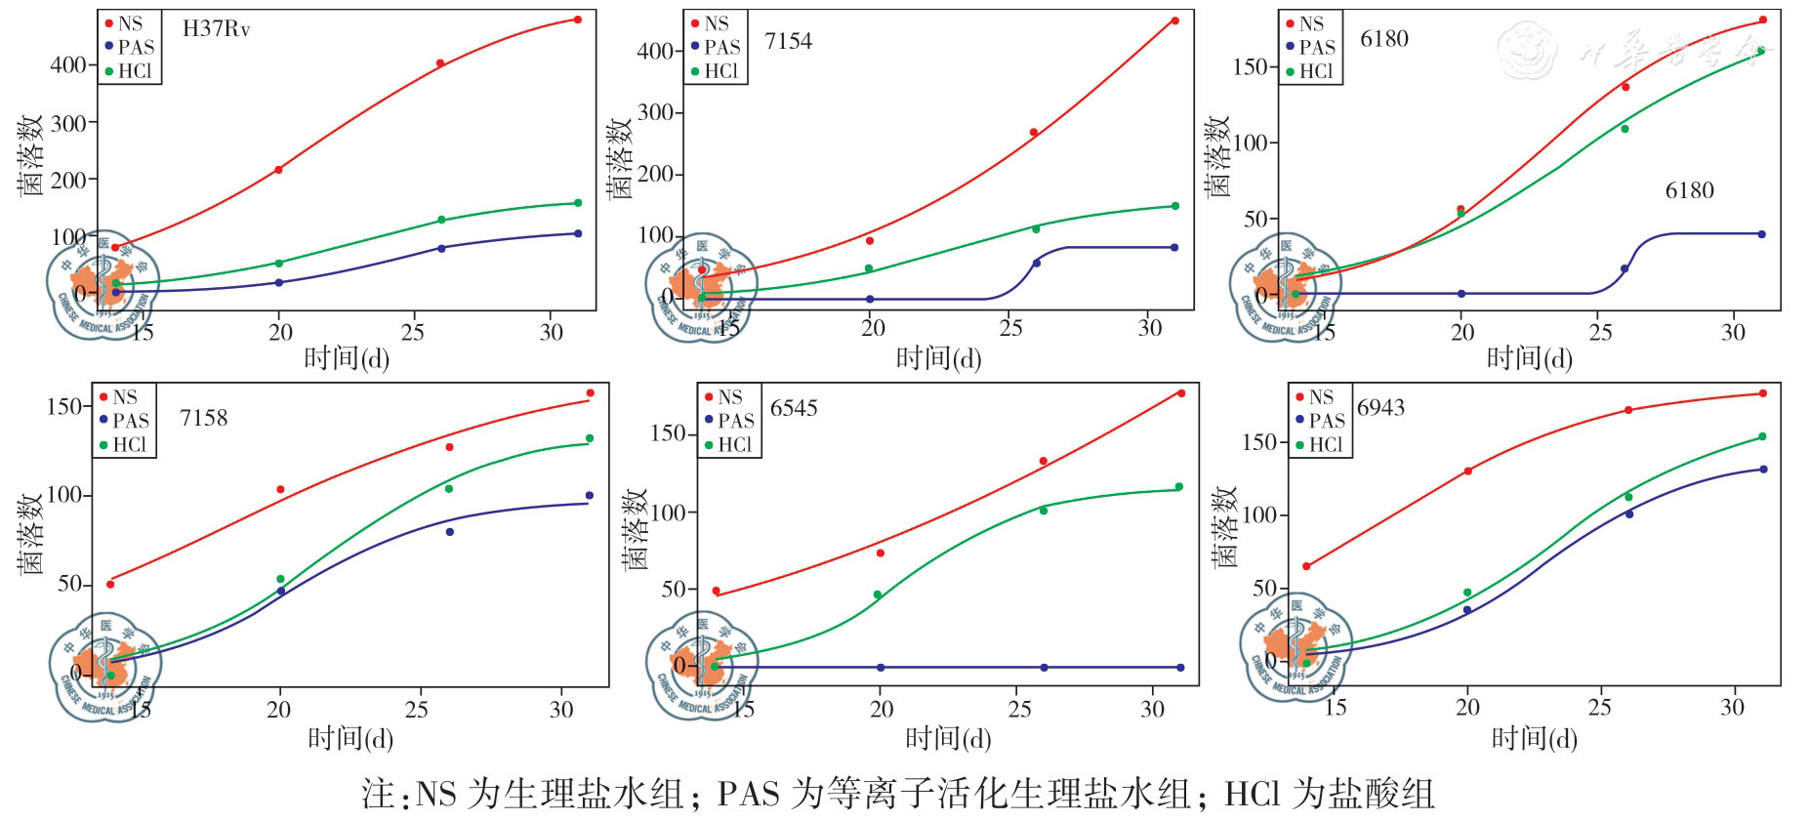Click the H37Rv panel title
tap(216, 29)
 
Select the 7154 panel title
tap(788, 41)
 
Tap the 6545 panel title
tap(794, 408)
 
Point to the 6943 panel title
tap(1380, 407)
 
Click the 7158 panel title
tap(203, 418)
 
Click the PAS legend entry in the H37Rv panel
tap(130, 47)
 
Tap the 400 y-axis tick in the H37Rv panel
tap(68, 65)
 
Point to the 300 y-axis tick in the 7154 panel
tap(655, 112)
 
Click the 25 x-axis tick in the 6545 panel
tap(1019, 709)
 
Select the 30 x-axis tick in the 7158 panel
tap(561, 709)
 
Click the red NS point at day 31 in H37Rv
tap(578, 20)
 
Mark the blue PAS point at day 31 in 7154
tap(1174, 247)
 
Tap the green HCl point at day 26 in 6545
tap(1044, 511)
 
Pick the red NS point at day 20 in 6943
tap(1467, 472)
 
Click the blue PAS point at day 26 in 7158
tap(450, 532)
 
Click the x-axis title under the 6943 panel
tap(1534, 739)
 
